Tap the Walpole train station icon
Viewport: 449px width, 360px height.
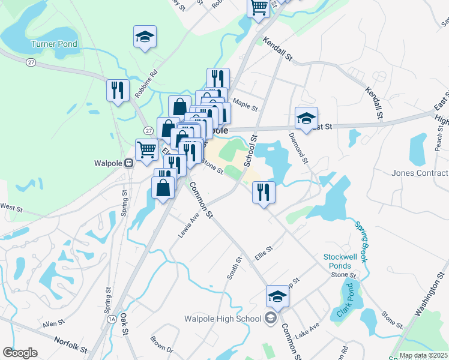click(128, 163)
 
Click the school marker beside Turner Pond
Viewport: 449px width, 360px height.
click(145, 37)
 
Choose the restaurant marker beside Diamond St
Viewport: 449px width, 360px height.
click(264, 192)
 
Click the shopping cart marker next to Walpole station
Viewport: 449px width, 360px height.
click(146, 150)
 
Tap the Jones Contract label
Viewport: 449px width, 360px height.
click(420, 173)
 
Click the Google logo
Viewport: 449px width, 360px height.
click(20, 353)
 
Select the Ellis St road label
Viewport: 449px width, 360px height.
click(264, 251)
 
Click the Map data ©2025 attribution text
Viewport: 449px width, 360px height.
click(424, 355)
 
